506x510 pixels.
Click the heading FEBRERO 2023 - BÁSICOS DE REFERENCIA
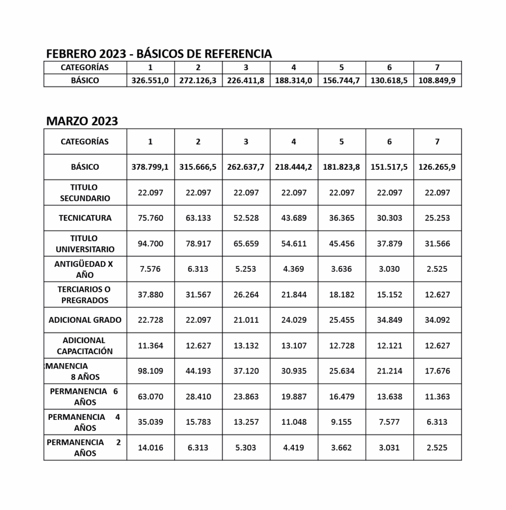click(159, 54)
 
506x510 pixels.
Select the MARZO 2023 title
click(82, 121)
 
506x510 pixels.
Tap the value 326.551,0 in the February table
click(150, 80)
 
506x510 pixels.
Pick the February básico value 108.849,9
click(437, 80)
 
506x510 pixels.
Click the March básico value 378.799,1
click(150, 167)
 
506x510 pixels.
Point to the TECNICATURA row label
click(85, 218)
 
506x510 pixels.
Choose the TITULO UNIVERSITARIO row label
click(85, 244)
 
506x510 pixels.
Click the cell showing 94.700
click(150, 244)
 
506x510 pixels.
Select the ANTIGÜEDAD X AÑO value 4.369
click(294, 269)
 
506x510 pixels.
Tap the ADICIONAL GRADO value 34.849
click(389, 320)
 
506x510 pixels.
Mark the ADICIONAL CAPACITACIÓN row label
click(85, 346)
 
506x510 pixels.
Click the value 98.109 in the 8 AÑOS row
click(150, 371)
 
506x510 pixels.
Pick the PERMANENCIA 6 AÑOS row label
click(85, 396)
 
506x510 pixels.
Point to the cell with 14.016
click(150, 447)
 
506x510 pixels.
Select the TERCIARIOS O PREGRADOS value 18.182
click(342, 294)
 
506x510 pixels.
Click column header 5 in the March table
click(342, 141)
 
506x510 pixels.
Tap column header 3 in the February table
click(246, 67)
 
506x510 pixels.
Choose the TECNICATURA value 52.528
click(246, 218)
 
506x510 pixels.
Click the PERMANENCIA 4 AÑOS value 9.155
click(342, 422)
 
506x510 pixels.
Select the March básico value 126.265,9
click(437, 167)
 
